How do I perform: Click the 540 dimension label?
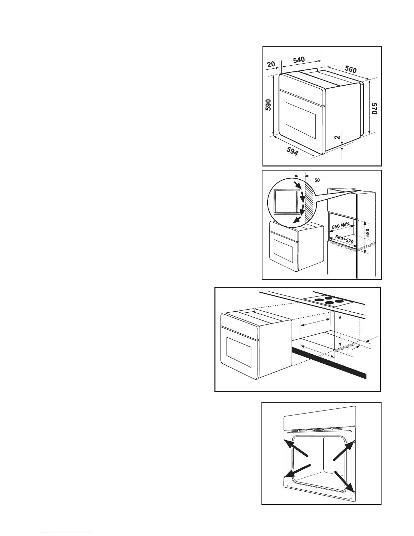pos(299,60)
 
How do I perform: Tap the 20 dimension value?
pos(271,64)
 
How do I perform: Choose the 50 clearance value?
pos(317,180)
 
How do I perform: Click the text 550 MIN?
pos(340,225)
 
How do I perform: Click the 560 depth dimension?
pos(350,69)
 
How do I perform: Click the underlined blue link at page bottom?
pos(67,533)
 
